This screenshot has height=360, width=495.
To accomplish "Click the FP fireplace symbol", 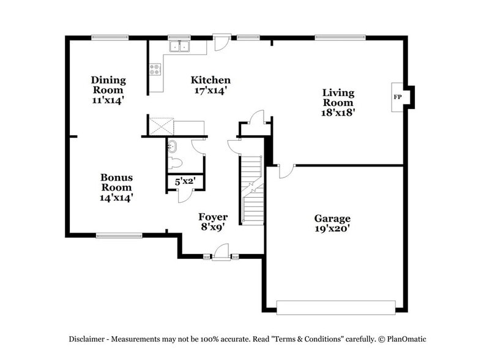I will pyautogui.click(x=398, y=97).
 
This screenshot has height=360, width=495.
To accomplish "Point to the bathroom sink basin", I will pyautogui.click(x=173, y=147).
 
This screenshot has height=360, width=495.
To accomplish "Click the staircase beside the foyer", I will pyautogui.click(x=251, y=190).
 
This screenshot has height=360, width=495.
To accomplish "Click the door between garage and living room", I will pyautogui.click(x=286, y=170).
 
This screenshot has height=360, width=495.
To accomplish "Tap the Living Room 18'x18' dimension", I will pyautogui.click(x=338, y=113).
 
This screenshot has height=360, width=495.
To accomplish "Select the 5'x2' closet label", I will pyautogui.click(x=185, y=182).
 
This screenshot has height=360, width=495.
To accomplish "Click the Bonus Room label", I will pyautogui.click(x=116, y=182).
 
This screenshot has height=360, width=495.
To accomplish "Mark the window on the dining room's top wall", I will pyautogui.click(x=110, y=37).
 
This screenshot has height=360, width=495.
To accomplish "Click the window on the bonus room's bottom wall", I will pyautogui.click(x=119, y=234).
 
